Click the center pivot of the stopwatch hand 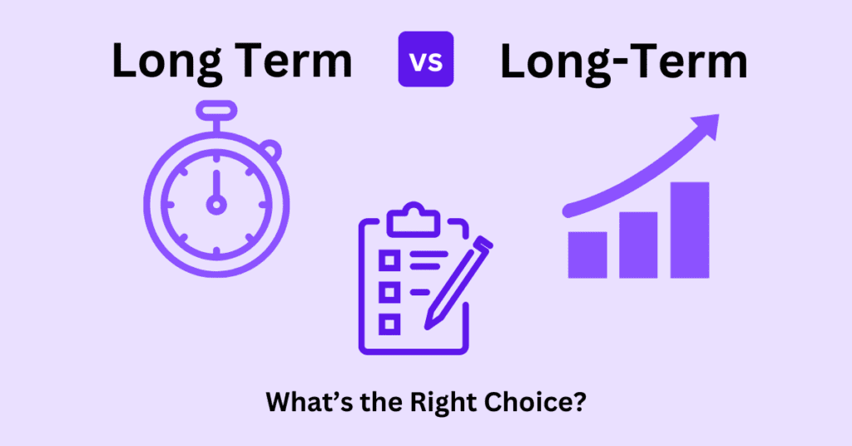[216, 204]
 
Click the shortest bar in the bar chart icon [587, 254]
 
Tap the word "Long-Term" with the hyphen [623, 63]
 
